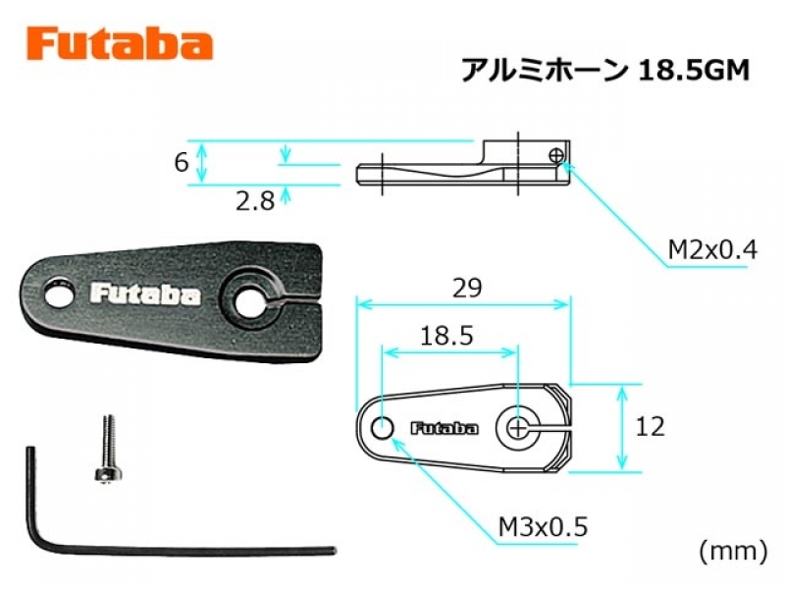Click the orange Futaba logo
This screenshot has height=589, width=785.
120,44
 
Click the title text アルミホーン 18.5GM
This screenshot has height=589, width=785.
604,71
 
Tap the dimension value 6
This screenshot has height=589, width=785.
182,162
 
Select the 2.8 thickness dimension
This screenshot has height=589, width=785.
255,201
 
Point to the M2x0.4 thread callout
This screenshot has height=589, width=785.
712,249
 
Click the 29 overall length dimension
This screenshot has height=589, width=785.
467,288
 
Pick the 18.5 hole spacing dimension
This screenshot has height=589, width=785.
446,336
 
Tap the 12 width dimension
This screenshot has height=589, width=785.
650,427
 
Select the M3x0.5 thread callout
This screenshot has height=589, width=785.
544,527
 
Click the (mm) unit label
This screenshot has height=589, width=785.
733,551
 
